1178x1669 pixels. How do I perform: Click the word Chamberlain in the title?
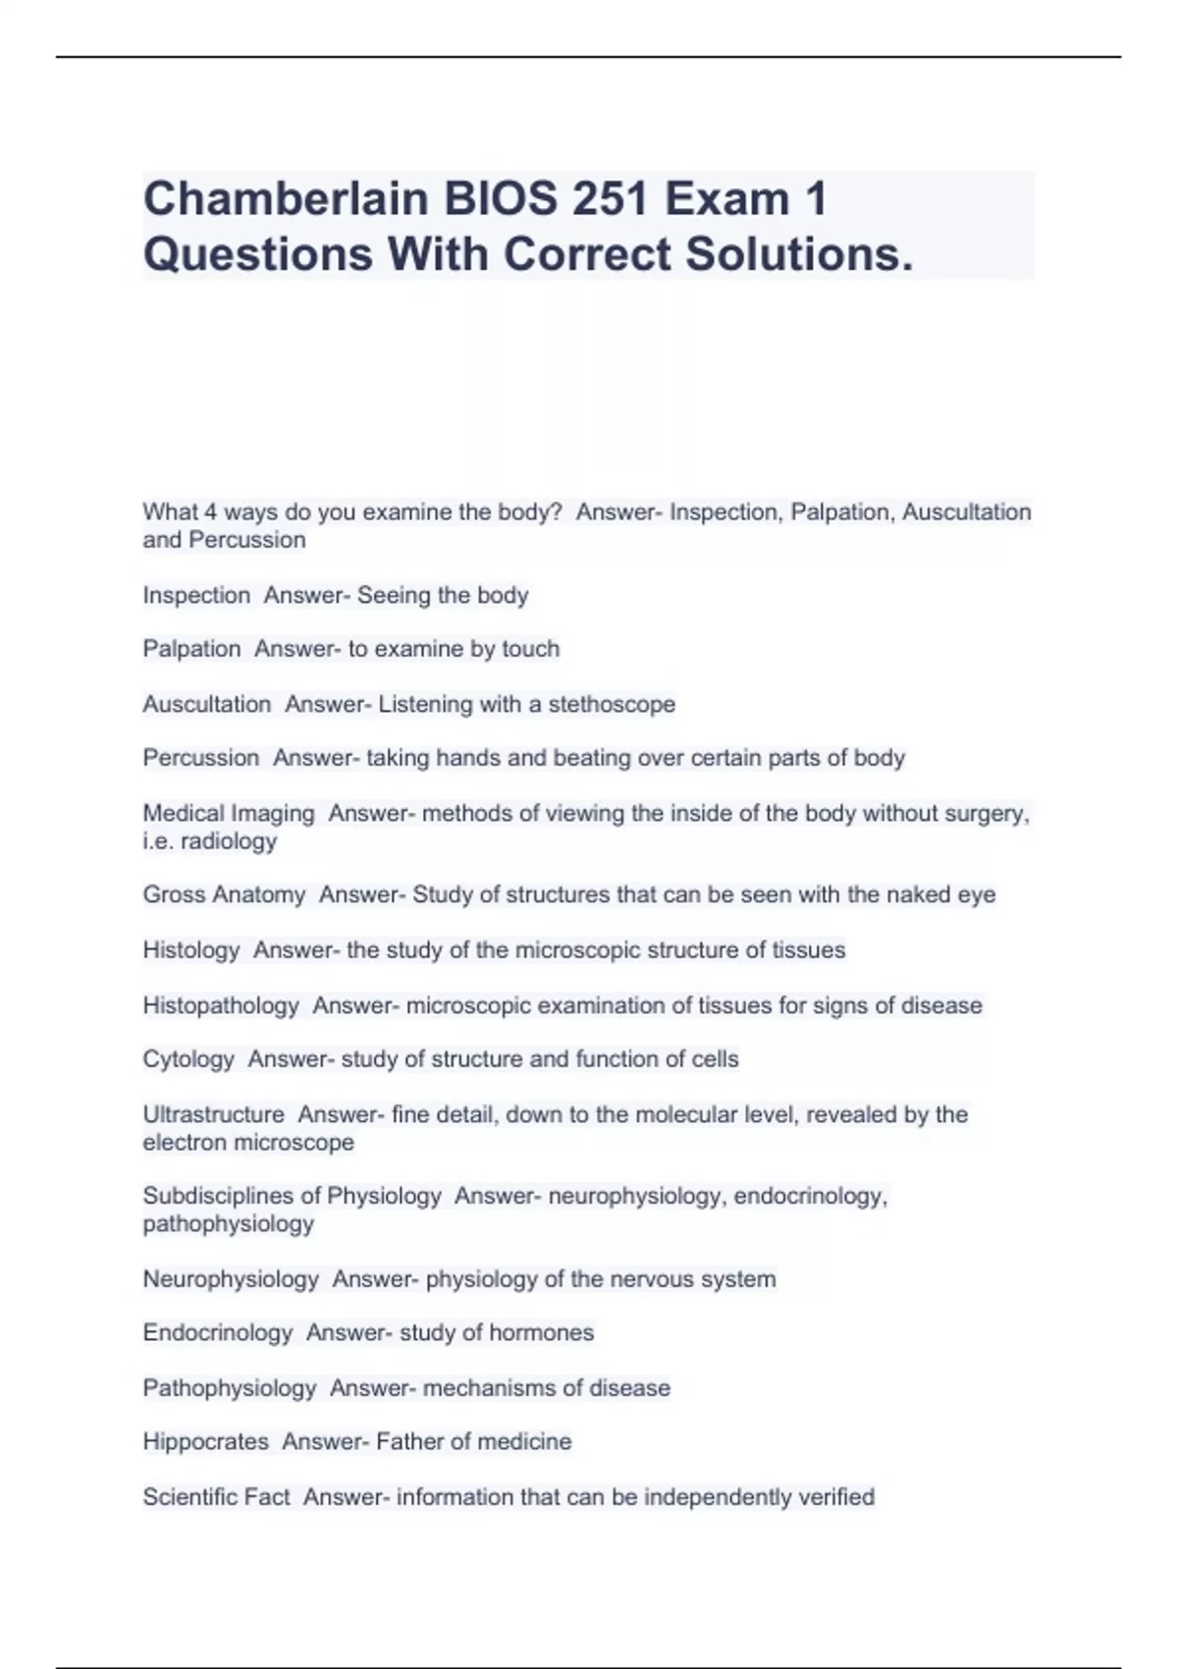286,199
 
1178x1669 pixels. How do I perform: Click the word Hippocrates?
205,1441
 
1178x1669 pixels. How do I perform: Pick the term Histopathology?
221,1005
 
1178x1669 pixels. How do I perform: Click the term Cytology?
188,1059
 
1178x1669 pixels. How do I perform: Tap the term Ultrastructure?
213,1114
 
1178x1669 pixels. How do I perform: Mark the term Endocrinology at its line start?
217,1332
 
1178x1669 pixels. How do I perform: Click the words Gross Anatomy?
224,894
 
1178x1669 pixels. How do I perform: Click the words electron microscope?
248,1143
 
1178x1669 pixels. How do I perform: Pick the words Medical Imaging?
229,814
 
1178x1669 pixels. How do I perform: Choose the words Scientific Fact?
216,1497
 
